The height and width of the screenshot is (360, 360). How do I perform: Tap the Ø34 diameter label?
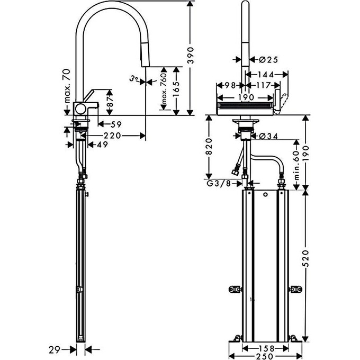(269, 136)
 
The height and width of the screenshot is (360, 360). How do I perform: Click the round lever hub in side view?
(82, 108)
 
